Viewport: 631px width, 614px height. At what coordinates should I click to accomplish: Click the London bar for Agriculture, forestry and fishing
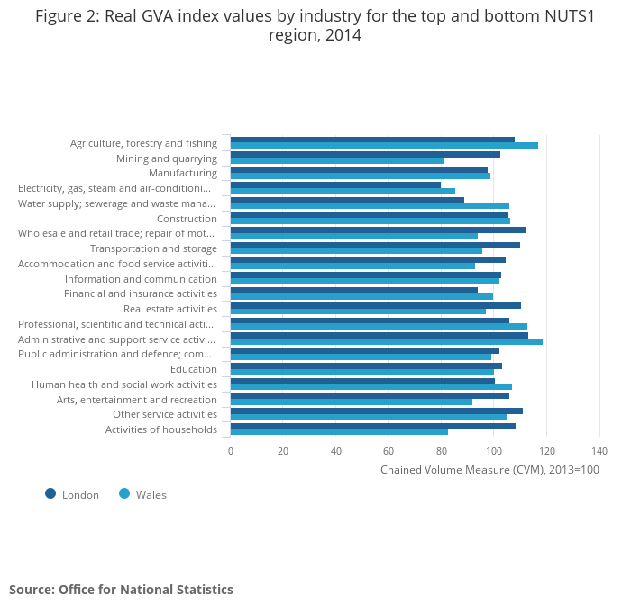[372, 140]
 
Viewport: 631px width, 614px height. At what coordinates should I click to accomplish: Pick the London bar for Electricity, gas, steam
[335, 185]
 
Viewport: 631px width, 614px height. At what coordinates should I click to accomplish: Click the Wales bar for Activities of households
[339, 432]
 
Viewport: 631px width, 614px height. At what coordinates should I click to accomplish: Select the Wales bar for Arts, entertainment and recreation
[351, 402]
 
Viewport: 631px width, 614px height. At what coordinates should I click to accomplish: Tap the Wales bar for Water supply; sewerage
[370, 206]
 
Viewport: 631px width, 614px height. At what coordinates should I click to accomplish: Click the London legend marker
[50, 493]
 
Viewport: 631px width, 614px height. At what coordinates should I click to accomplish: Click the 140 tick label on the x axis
[599, 451]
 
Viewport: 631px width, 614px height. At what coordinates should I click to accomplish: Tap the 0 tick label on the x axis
[231, 451]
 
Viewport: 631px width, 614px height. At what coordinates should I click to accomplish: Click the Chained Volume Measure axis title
[489, 469]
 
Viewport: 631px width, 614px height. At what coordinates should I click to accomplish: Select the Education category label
[194, 369]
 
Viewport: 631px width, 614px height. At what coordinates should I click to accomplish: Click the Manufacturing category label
[183, 173]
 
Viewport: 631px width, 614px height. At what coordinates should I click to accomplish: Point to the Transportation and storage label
[153, 248]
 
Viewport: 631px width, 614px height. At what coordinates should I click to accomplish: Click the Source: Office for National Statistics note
[121, 590]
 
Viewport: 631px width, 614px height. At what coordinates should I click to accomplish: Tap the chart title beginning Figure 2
[315, 25]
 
